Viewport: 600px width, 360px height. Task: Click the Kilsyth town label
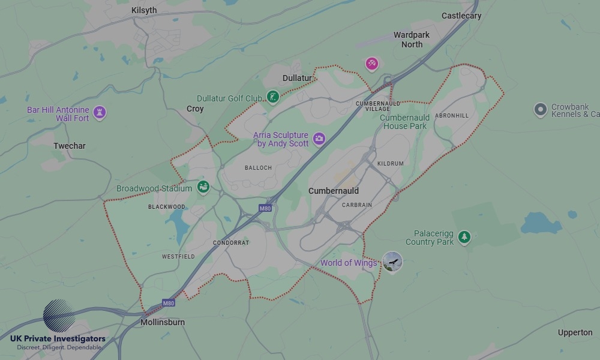tap(143, 10)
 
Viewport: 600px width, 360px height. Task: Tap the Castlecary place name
tap(461, 16)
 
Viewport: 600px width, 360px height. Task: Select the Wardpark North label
tap(412, 40)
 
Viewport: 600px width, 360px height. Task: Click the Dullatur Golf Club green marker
tap(273, 97)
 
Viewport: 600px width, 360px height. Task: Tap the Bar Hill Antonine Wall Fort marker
tap(100, 112)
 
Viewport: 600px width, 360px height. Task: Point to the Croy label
tap(195, 109)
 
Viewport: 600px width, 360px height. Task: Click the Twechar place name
tap(70, 146)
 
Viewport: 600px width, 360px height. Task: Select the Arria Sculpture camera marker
tap(319, 139)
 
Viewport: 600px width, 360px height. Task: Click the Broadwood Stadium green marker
tap(203, 187)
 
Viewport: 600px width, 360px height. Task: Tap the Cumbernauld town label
tap(334, 191)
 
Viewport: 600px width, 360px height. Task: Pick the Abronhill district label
tap(452, 115)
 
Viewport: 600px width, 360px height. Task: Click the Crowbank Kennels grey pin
tap(541, 110)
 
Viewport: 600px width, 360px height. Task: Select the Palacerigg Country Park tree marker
tap(464, 238)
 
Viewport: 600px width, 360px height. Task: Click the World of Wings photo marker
tap(392, 262)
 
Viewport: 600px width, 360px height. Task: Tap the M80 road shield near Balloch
tap(265, 208)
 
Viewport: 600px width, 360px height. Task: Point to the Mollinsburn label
tap(162, 322)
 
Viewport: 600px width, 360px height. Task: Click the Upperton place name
tap(575, 332)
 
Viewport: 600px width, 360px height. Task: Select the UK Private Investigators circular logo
tap(58, 316)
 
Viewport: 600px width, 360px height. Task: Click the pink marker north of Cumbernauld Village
tap(372, 63)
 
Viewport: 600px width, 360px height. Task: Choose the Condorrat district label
tap(230, 243)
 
